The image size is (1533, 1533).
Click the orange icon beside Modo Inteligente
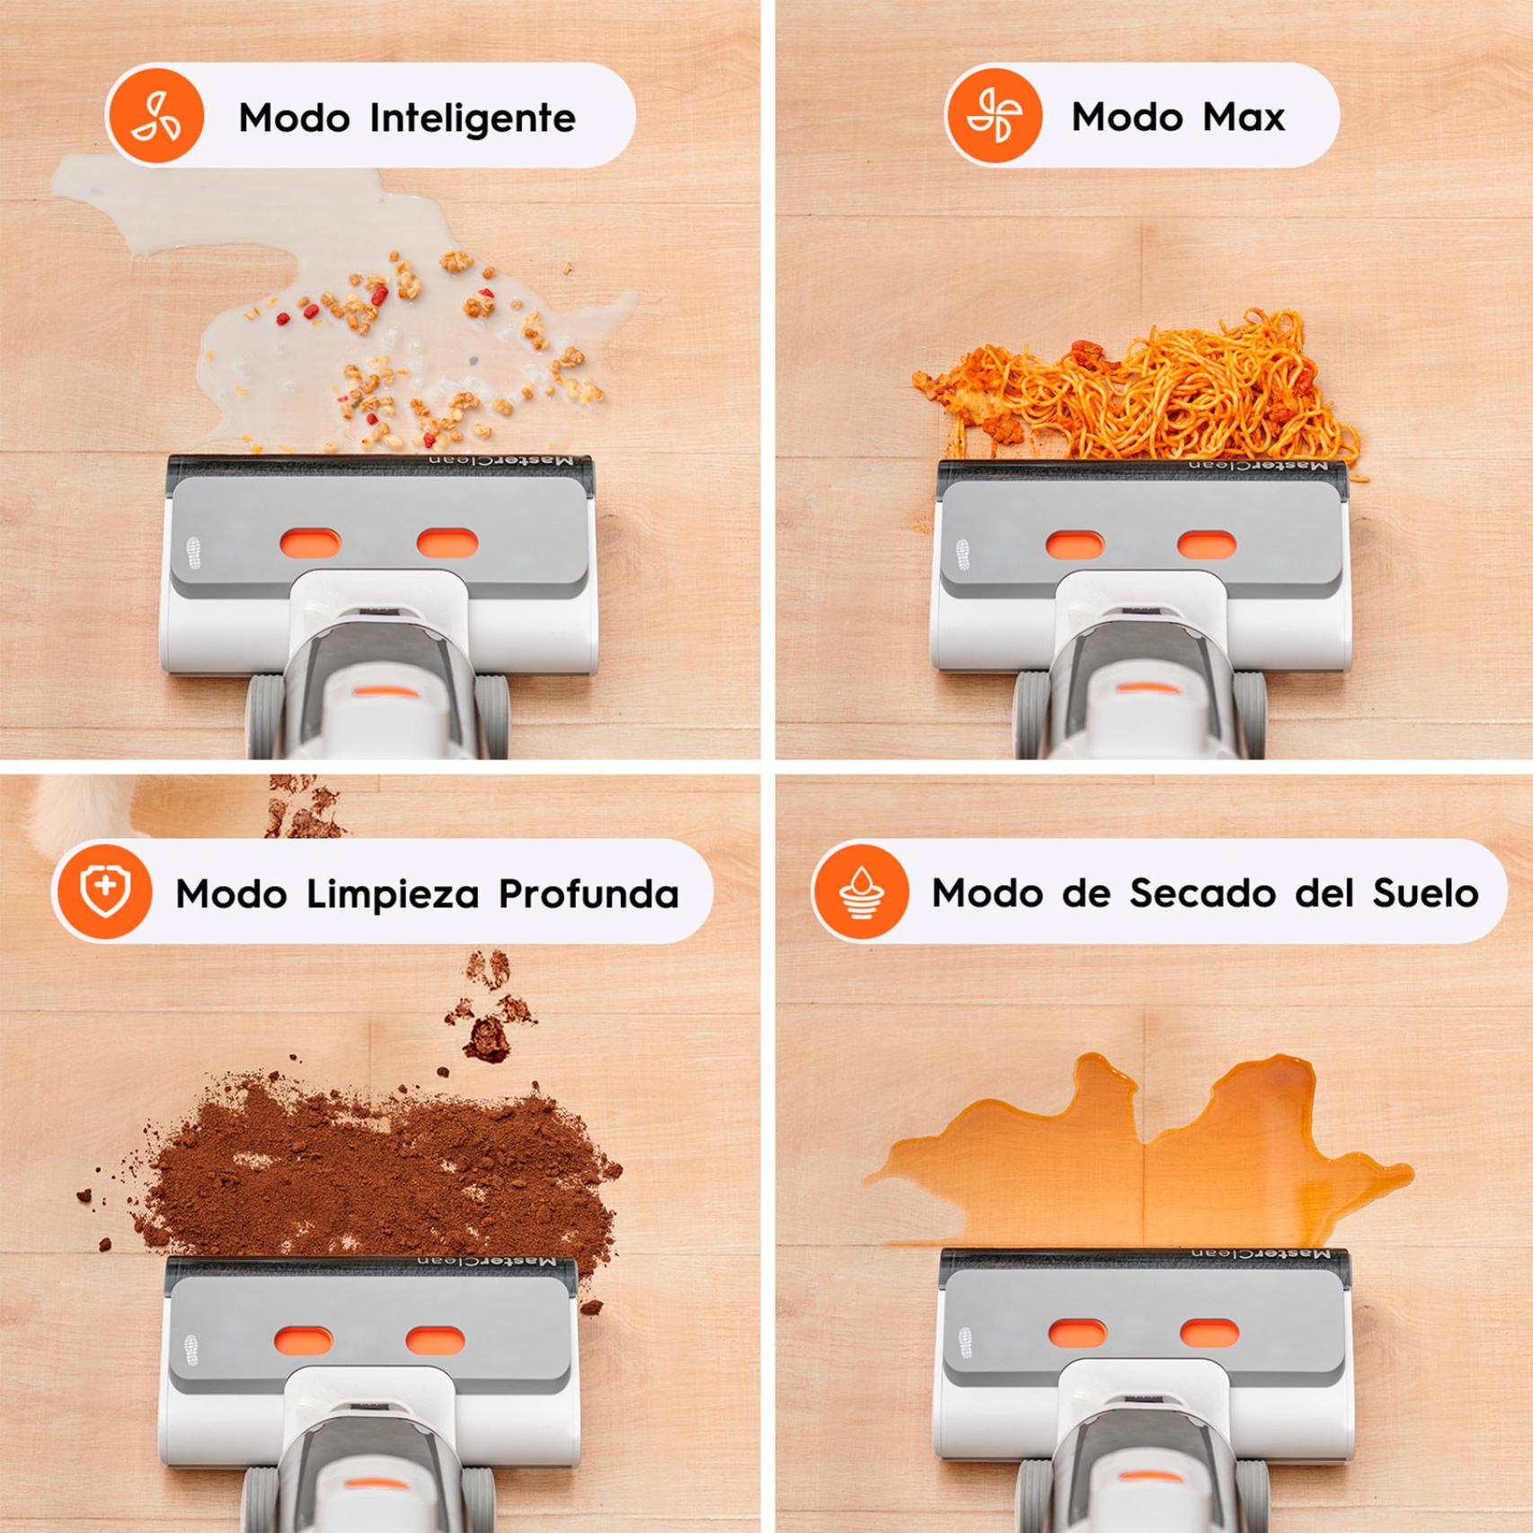(x=156, y=116)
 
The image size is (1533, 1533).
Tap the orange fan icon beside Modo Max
(x=994, y=116)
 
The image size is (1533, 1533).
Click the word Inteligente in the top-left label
(x=473, y=118)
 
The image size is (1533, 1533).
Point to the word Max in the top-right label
(x=1244, y=117)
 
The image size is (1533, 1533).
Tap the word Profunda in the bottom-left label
(x=589, y=893)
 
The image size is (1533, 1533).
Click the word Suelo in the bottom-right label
(x=1426, y=893)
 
